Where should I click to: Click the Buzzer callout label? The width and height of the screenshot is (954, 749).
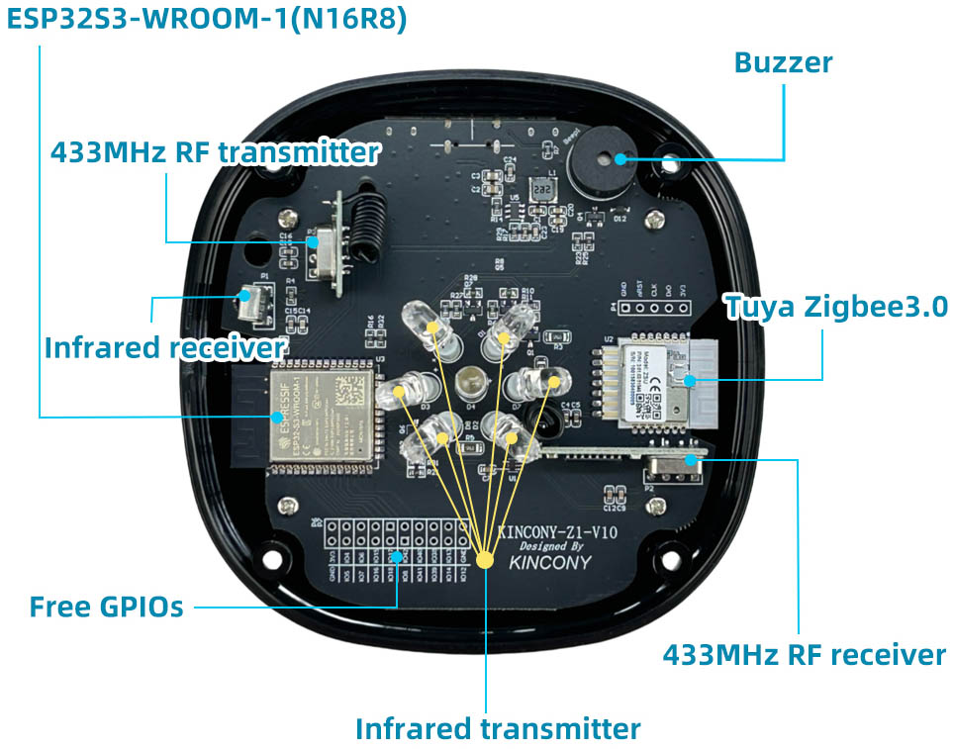[x=782, y=63]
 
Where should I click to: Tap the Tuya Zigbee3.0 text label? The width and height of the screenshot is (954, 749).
[x=837, y=306]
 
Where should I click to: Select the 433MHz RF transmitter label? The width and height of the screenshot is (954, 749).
[x=215, y=152]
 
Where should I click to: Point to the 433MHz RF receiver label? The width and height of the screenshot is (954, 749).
[x=804, y=654]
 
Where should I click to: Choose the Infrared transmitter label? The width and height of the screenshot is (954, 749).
[x=498, y=729]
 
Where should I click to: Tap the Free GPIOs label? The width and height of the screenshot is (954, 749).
[x=106, y=606]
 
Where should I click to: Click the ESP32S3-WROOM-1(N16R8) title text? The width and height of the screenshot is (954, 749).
[x=207, y=20]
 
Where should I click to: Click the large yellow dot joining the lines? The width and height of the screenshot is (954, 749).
[x=485, y=559]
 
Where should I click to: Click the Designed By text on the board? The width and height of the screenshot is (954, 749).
[x=551, y=546]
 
